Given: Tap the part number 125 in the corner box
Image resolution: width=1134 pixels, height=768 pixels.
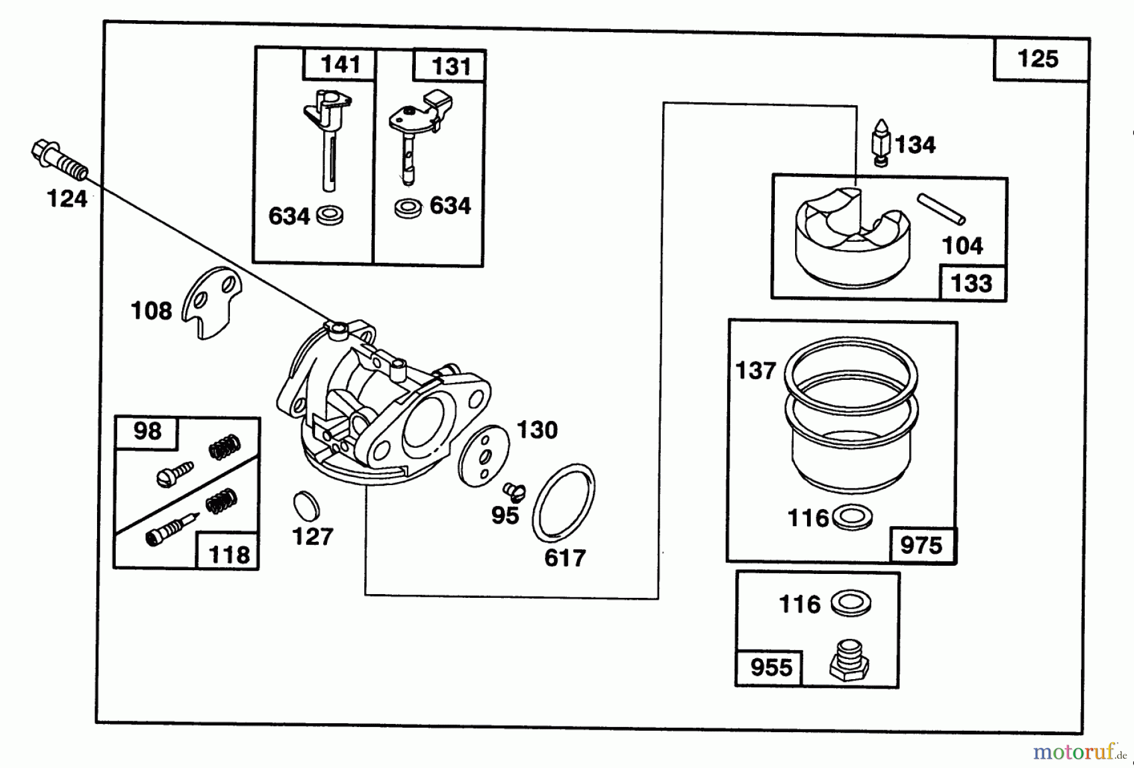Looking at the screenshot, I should [1038, 59].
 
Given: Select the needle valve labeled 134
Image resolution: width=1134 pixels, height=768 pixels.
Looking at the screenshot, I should [881, 142].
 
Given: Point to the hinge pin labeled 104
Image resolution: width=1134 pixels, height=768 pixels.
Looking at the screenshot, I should [941, 208].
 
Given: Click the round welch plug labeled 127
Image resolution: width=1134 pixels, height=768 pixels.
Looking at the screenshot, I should [306, 505].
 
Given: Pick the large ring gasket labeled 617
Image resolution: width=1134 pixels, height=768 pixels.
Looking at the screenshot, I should [563, 503].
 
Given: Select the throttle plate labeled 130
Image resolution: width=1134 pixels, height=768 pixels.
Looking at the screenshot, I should [483, 455].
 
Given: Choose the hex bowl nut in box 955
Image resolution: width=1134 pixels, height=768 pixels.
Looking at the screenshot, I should [849, 661].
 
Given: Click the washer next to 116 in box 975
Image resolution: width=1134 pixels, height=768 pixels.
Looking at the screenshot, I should [852, 518].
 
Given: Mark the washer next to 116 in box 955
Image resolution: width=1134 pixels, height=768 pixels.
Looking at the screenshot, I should [851, 604].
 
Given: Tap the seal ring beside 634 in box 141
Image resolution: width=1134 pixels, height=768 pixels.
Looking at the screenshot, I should [329, 215].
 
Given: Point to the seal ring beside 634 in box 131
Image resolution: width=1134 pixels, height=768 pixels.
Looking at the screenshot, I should [408, 208].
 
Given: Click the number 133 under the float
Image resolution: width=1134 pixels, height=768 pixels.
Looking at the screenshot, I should [971, 284].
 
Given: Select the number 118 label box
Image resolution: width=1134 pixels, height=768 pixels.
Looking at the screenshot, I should [229, 554].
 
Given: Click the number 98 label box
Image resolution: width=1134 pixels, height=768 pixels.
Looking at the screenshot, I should [147, 432].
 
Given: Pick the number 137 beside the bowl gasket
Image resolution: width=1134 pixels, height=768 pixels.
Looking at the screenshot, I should [755, 370].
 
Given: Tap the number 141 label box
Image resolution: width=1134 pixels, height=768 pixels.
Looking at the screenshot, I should [340, 64].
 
